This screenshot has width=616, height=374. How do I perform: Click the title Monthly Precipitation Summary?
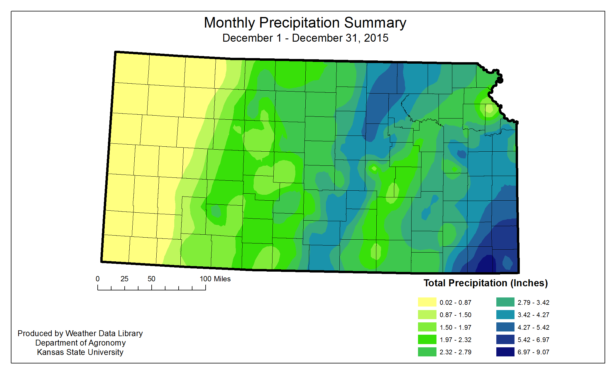(x=305, y=23)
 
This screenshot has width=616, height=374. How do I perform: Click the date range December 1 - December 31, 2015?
(x=305, y=38)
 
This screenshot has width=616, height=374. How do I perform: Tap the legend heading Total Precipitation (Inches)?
(x=485, y=283)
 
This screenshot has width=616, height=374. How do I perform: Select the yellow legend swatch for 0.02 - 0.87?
(x=427, y=302)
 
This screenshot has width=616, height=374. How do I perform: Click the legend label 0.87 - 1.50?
(x=455, y=315)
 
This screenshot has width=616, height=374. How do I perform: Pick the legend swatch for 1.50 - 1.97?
(x=427, y=327)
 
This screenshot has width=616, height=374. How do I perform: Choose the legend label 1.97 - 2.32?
(x=455, y=340)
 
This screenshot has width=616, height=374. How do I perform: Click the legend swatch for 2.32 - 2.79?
(x=427, y=352)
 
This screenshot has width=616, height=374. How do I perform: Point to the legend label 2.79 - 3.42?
(x=533, y=302)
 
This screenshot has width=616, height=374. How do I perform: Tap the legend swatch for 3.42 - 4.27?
(x=505, y=315)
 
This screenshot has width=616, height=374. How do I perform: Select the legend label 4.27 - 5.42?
(x=533, y=327)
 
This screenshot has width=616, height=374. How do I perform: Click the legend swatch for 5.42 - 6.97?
(x=505, y=339)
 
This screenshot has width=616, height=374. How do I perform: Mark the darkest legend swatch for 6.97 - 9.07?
(x=505, y=352)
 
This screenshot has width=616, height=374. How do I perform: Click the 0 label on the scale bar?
(x=98, y=279)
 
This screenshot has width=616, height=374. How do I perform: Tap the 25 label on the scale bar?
(x=124, y=279)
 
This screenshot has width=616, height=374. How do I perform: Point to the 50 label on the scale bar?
(x=151, y=279)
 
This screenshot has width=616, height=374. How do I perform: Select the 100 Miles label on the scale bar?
(x=215, y=279)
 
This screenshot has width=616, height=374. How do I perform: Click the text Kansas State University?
(x=80, y=352)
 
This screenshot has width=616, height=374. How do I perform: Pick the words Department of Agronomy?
(x=80, y=343)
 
